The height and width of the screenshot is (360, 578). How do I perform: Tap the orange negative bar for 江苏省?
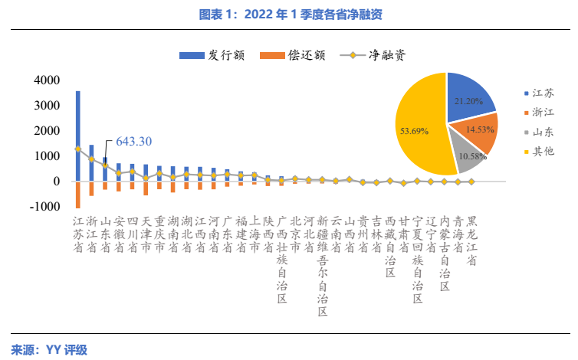[77, 195]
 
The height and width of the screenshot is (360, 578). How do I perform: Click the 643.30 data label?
[134, 142]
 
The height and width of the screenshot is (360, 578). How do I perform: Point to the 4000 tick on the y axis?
[47, 80]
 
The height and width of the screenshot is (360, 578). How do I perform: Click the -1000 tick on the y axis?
[45, 207]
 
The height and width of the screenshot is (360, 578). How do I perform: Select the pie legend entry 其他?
[539, 150]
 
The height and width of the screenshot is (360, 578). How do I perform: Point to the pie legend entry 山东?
[539, 131]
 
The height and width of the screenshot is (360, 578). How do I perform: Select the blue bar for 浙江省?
[91, 162]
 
